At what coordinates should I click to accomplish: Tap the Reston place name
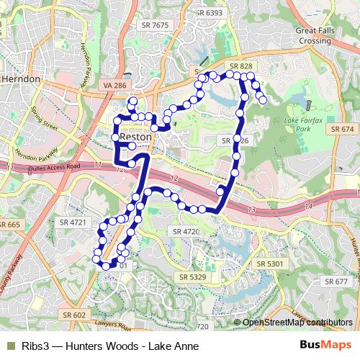click(x=135, y=136)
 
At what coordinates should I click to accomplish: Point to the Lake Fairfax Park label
click(x=301, y=124)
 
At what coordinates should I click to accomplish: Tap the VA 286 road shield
click(x=115, y=85)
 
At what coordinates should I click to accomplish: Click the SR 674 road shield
click(x=343, y=128)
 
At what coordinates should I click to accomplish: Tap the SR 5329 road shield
click(x=192, y=276)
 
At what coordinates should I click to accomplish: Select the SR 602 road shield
click(x=74, y=315)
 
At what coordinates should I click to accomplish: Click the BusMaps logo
click(x=325, y=344)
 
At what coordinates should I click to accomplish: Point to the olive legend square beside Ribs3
click(x=9, y=344)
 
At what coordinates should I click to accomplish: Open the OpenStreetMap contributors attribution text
click(x=297, y=323)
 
